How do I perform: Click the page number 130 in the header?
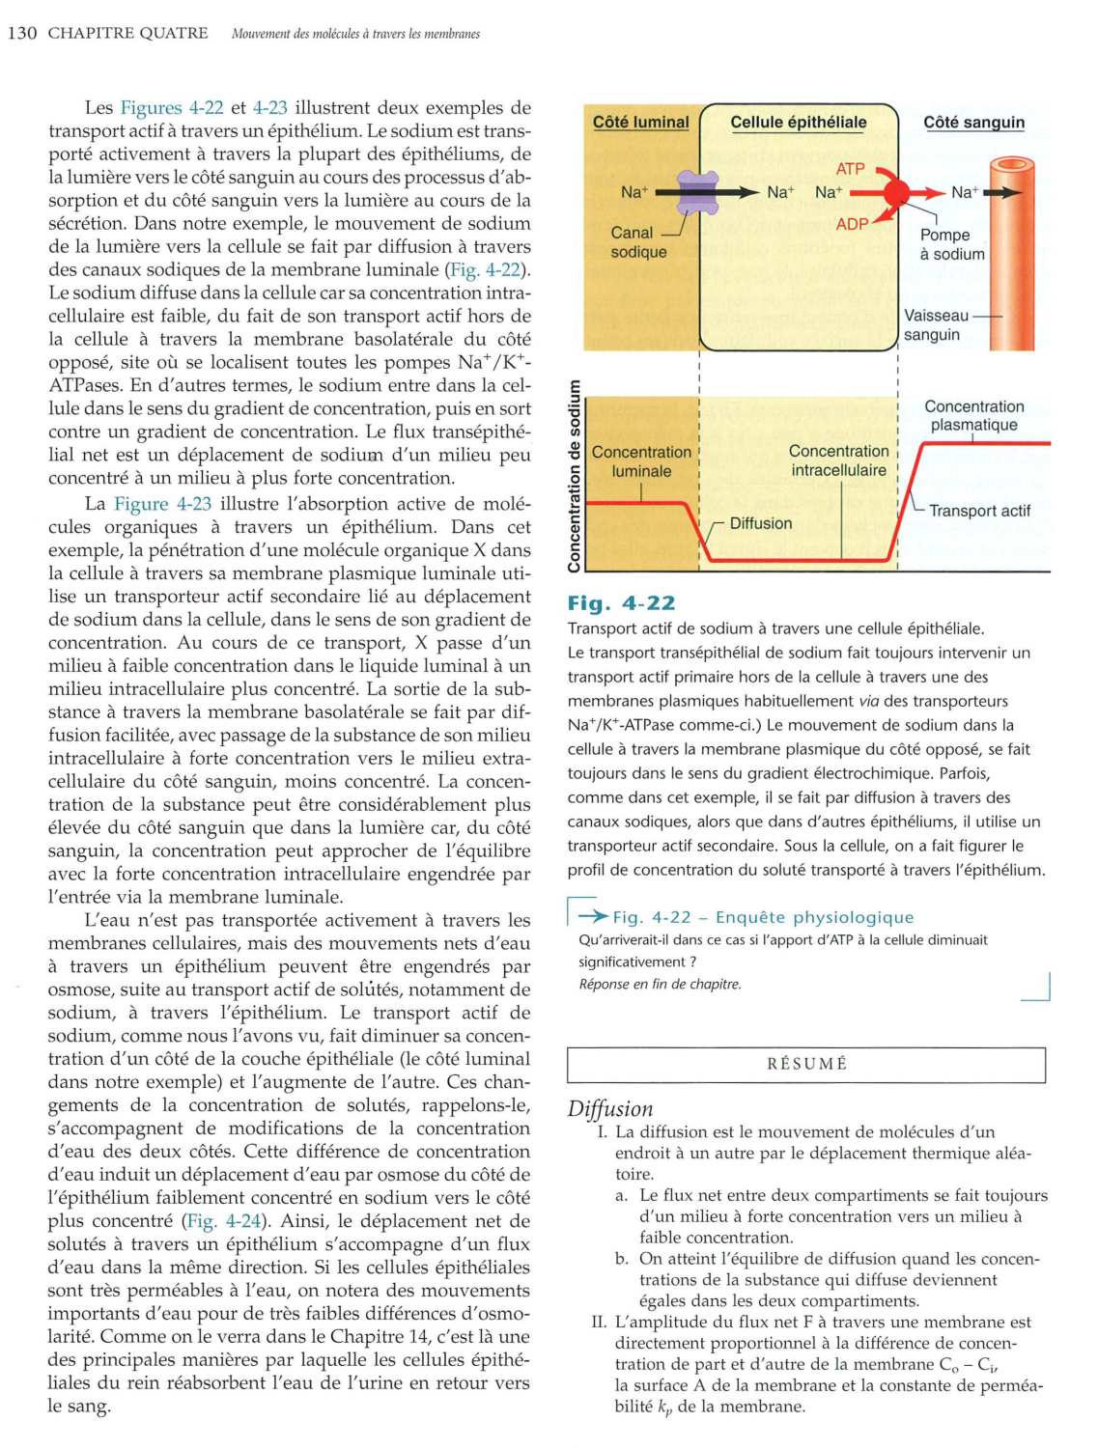(x=21, y=33)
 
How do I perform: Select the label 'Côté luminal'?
(x=640, y=123)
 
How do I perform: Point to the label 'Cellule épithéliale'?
(x=798, y=123)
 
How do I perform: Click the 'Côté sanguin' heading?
(x=973, y=123)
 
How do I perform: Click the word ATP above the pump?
(x=850, y=168)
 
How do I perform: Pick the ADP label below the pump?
(x=852, y=224)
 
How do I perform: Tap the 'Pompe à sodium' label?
(x=951, y=244)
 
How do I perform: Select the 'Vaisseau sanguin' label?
(x=934, y=325)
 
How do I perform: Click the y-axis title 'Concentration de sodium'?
(x=575, y=475)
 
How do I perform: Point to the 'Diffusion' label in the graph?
(x=760, y=523)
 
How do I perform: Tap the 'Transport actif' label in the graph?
(x=979, y=511)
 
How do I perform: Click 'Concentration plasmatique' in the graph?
(x=973, y=415)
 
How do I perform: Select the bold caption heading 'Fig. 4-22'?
(x=621, y=603)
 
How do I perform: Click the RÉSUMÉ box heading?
(x=806, y=1064)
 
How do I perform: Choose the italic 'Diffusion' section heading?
(x=610, y=1108)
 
